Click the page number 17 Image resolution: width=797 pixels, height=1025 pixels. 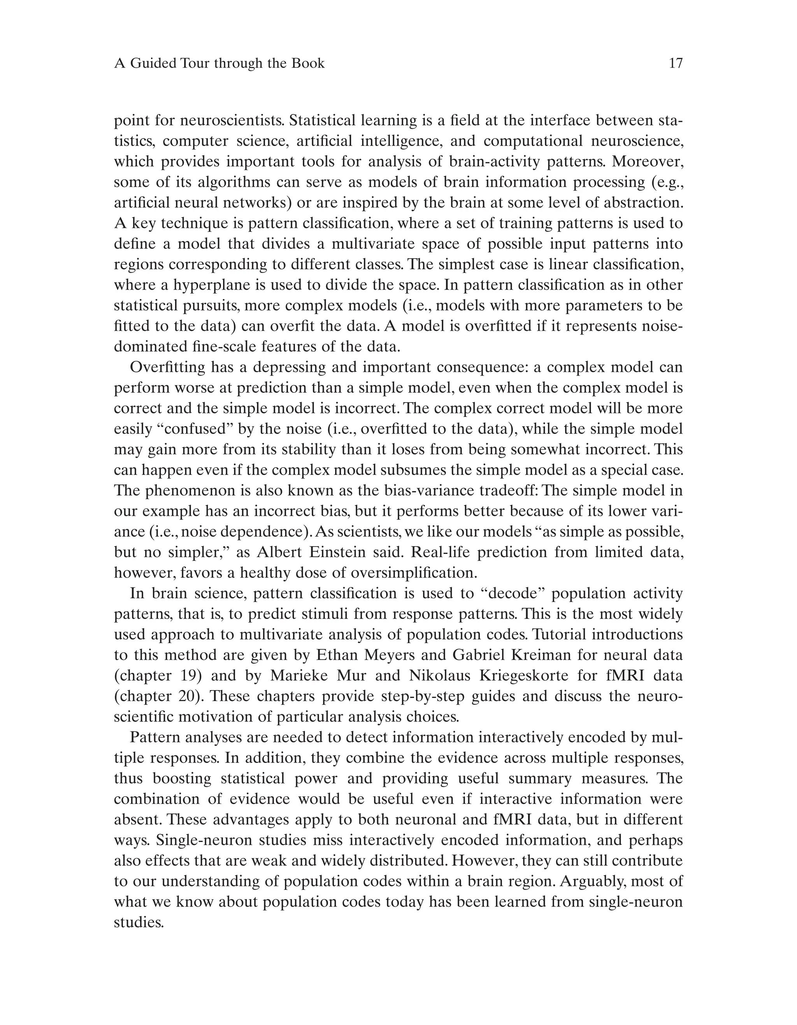pos(676,63)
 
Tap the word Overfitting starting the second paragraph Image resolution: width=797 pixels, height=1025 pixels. pos(167,367)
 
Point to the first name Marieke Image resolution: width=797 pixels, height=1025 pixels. pos(298,676)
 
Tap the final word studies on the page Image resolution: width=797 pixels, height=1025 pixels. pos(139,923)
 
